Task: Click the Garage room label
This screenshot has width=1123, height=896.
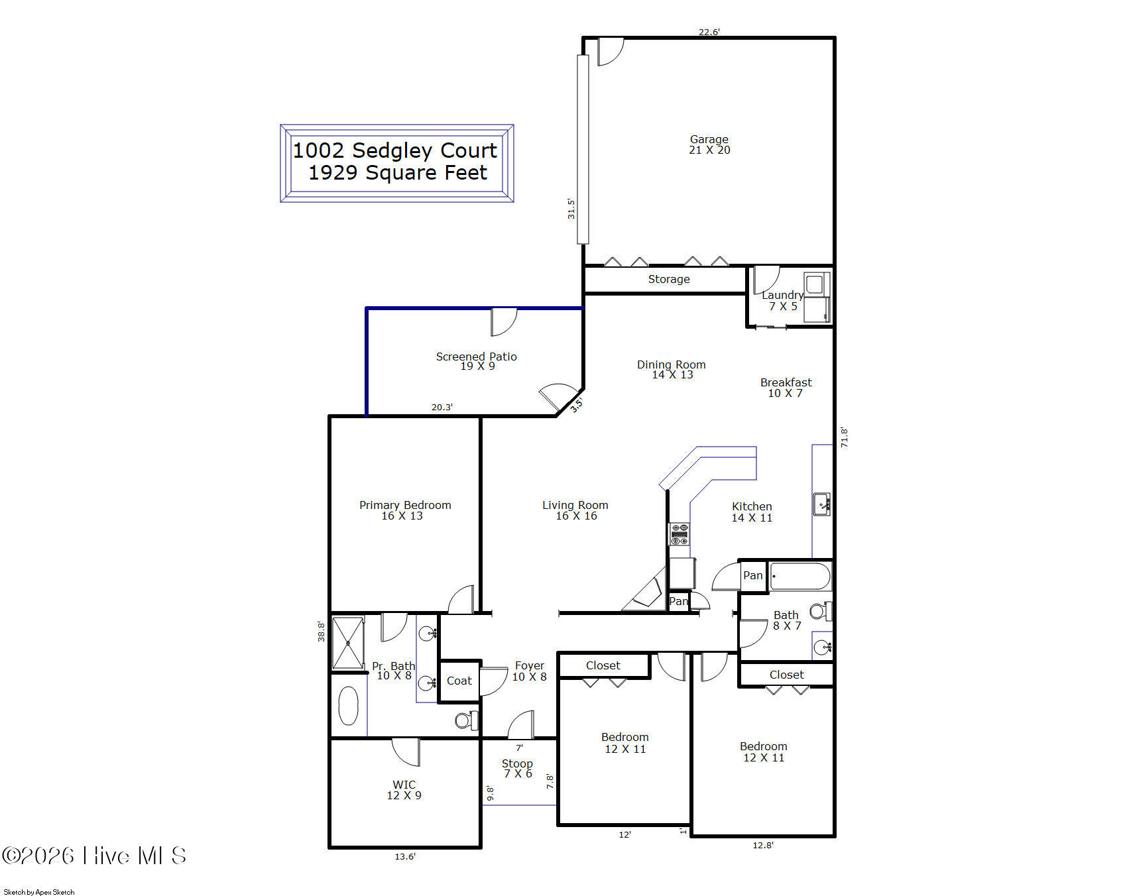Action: [x=709, y=140]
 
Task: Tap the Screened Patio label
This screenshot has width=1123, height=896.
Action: [x=476, y=357]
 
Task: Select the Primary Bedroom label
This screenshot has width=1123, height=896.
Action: [x=405, y=505]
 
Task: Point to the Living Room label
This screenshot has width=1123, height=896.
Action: [x=575, y=505]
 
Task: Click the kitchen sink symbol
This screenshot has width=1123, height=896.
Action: [x=821, y=504]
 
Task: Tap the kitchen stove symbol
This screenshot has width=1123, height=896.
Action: [x=679, y=534]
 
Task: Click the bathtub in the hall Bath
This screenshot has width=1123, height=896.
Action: [x=799, y=577]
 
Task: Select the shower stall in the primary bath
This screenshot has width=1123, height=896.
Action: [x=348, y=643]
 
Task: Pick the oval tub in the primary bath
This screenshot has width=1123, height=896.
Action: [x=348, y=706]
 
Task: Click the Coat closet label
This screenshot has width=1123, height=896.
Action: [x=459, y=681]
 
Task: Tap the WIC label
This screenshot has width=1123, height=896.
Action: [x=404, y=785]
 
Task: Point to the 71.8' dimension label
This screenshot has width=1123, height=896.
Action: [x=844, y=437]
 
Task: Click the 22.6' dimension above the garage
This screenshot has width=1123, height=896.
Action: [x=709, y=31]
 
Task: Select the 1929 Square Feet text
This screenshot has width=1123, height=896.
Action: [x=398, y=173]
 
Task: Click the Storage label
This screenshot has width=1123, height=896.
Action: [x=669, y=280]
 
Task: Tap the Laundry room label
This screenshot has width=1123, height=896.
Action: [x=782, y=295]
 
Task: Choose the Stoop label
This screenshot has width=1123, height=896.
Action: [x=517, y=763]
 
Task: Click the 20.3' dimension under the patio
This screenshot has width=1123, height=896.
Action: [x=442, y=407]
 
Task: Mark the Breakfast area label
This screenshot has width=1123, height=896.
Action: [x=786, y=382]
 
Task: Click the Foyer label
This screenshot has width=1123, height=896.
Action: [x=529, y=665]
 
